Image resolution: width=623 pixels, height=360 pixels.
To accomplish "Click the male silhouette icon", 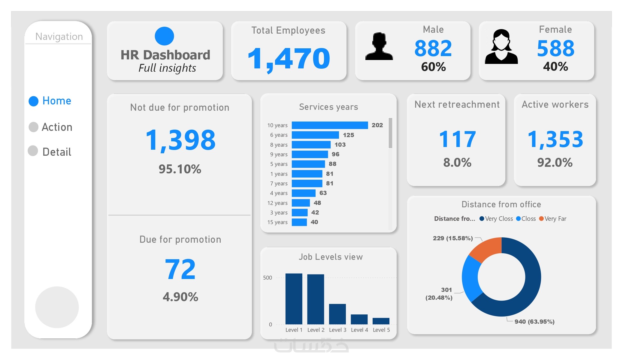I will coord(379,46).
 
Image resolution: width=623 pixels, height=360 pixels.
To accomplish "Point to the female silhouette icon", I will coord(501,47).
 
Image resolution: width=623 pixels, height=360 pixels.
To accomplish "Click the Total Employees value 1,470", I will coord(289,58).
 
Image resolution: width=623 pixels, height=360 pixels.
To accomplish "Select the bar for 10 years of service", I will coord(329,125).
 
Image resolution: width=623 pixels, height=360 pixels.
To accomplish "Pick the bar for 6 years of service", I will coord(315,135).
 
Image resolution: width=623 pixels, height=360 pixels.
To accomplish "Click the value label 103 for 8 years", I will coord(340,145).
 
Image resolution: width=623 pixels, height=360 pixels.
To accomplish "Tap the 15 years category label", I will coord(277,222).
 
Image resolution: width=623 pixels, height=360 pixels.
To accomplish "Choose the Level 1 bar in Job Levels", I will coord(294,298).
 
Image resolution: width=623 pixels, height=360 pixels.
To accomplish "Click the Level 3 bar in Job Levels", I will coord(337,314).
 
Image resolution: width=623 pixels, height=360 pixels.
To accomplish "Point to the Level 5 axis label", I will coord(381,330).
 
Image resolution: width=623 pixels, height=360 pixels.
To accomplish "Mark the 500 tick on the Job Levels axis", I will coord(267,278).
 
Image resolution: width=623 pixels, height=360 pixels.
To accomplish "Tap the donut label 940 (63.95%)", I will coord(534,322).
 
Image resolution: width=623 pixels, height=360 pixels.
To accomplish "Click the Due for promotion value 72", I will coord(180,269).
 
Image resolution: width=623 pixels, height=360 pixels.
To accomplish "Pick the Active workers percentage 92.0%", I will coord(555,163).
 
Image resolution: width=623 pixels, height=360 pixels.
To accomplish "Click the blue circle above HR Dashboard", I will coord(164,36).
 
